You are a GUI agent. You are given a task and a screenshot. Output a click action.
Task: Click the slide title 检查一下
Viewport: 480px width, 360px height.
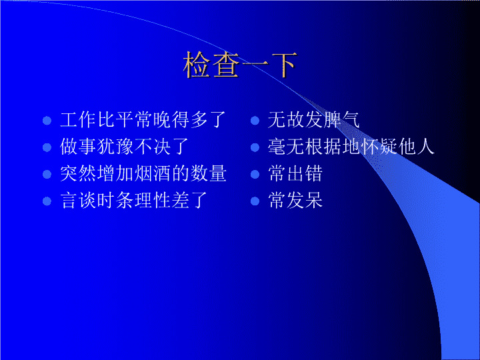point(241,65)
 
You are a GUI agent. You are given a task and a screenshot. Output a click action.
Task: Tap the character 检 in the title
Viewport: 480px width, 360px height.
point(197,65)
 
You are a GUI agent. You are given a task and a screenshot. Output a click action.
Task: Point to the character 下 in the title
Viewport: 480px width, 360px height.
point(283,65)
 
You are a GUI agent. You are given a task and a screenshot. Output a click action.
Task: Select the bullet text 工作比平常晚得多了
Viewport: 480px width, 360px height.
point(143,120)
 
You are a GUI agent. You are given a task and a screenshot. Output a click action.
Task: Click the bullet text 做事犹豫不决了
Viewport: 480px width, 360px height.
point(124,147)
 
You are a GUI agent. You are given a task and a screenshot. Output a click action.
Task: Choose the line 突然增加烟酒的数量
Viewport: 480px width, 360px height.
point(143,173)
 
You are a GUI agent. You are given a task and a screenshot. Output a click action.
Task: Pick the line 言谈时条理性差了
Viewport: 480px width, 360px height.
point(134,201)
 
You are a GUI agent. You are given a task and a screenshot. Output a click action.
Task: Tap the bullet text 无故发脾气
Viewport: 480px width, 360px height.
point(314,120)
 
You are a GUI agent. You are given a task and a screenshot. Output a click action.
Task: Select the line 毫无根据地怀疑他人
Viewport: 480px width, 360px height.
point(351,147)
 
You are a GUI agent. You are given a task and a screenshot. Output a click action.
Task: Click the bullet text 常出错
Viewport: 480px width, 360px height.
point(295,173)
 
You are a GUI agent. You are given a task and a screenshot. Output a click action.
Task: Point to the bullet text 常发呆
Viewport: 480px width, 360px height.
point(295,201)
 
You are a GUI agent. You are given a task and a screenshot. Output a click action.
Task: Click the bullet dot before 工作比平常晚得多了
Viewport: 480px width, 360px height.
point(47,120)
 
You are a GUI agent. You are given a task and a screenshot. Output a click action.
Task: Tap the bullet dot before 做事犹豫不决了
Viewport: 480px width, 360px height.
point(47,147)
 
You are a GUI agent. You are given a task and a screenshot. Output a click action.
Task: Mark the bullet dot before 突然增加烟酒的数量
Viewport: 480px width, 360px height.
point(47,174)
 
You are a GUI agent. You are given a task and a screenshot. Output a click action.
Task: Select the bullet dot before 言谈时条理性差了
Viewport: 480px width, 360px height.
point(47,201)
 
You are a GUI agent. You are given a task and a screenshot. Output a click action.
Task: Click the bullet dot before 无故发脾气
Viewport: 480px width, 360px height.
point(255,120)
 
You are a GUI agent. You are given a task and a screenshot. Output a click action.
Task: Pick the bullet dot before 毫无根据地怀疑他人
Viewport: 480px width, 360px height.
point(255,147)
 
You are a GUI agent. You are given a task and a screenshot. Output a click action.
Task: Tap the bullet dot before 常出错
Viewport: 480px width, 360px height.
point(255,174)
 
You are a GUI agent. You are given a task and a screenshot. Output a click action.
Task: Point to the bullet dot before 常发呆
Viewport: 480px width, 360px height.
point(255,201)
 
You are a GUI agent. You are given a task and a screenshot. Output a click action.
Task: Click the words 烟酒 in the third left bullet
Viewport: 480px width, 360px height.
point(153,173)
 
